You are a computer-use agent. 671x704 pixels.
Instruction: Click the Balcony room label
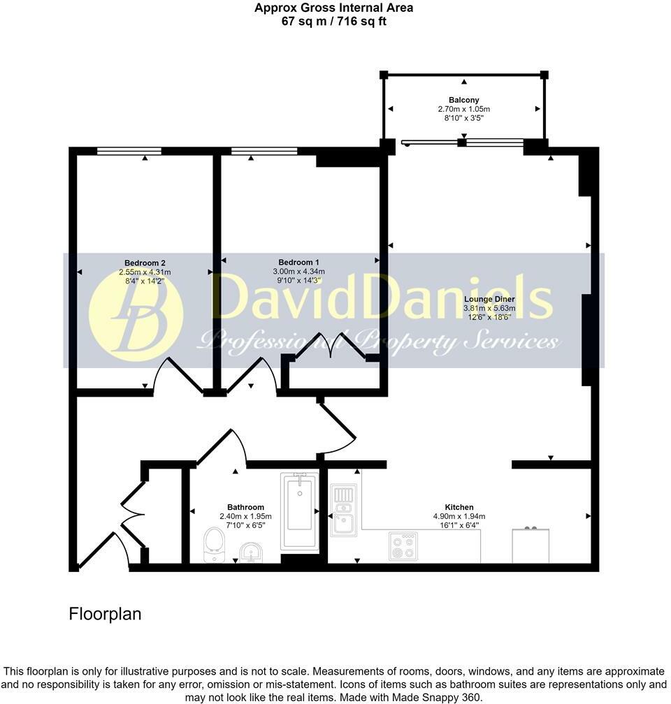(463, 99)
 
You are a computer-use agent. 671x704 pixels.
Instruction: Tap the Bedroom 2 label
(145, 263)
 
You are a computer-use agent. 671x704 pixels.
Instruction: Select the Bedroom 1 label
(298, 262)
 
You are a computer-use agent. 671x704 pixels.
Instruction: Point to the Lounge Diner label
(489, 299)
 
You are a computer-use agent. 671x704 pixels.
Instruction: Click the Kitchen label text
(459, 507)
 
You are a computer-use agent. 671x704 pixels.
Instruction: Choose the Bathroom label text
(245, 507)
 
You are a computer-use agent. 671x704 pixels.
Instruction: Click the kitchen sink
(344, 513)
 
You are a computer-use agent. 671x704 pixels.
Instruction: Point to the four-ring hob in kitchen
(403, 546)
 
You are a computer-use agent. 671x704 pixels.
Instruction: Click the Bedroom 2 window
(129, 150)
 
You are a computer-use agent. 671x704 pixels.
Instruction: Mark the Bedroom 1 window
(264, 150)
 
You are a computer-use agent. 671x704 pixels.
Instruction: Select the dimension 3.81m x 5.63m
(489, 308)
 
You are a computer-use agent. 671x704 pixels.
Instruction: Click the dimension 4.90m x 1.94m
(459, 517)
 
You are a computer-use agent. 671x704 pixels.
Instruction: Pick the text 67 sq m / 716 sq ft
(333, 21)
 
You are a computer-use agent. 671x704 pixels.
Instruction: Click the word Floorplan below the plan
(105, 614)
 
